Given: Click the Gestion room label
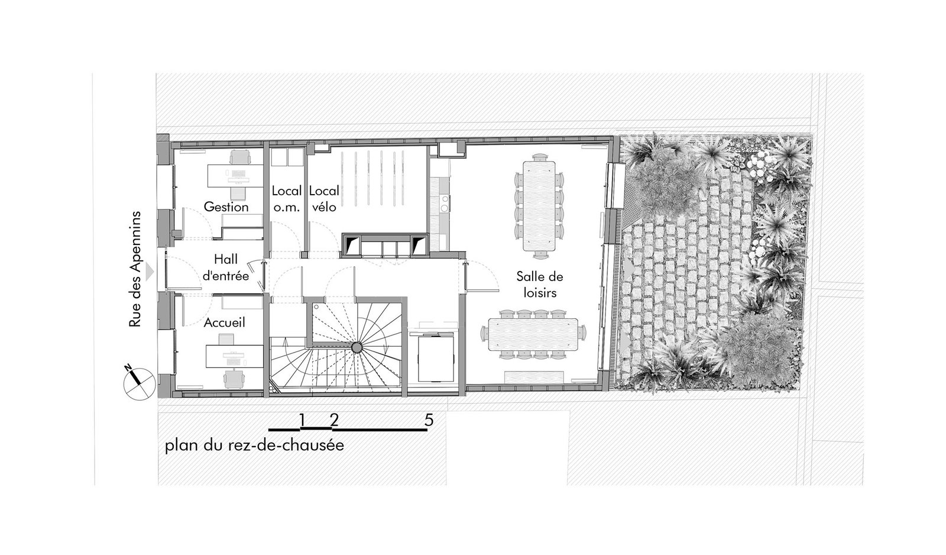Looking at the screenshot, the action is (226, 206).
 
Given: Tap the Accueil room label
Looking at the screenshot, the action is (224, 322).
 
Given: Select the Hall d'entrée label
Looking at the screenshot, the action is (226, 267).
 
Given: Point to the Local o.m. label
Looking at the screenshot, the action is (287, 199).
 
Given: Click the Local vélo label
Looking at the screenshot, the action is (324, 199).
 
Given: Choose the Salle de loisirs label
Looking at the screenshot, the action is (540, 285).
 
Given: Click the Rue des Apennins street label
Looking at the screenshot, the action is (135, 269).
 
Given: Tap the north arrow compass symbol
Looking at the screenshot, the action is (139, 384).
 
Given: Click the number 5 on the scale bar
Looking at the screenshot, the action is (429, 420).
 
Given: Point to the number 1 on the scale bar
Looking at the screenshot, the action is (302, 420).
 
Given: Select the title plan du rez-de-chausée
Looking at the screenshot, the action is (254, 446).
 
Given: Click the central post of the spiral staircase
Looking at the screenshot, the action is (357, 347).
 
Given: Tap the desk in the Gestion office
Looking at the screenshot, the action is (235, 176).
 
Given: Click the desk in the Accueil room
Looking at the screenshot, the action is (234, 356).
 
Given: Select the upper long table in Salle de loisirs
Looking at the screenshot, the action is (540, 205).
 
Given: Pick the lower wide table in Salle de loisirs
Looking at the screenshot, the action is (533, 334).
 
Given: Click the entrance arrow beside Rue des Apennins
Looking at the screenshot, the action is (150, 272).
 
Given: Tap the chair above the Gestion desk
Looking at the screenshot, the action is (240, 157).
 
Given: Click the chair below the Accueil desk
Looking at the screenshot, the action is (234, 379).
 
